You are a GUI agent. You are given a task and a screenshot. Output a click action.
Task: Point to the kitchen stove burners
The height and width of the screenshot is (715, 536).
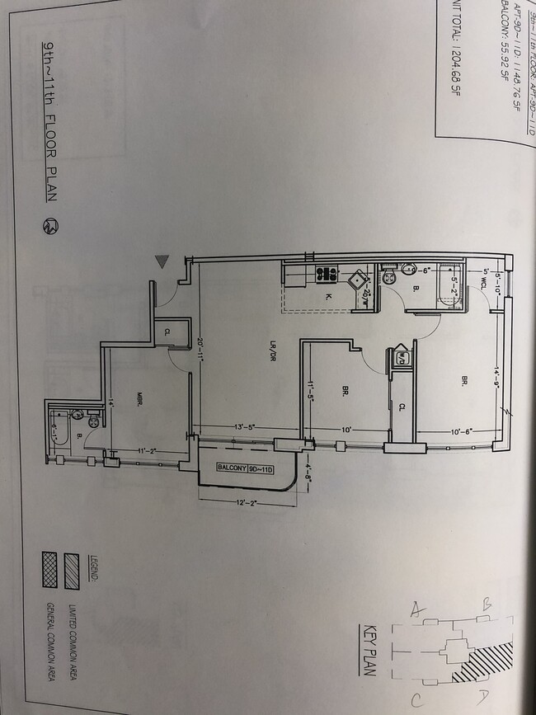click(x=325, y=272)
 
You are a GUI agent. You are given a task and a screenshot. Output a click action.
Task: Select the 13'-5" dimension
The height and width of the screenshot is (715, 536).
click(x=245, y=427)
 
